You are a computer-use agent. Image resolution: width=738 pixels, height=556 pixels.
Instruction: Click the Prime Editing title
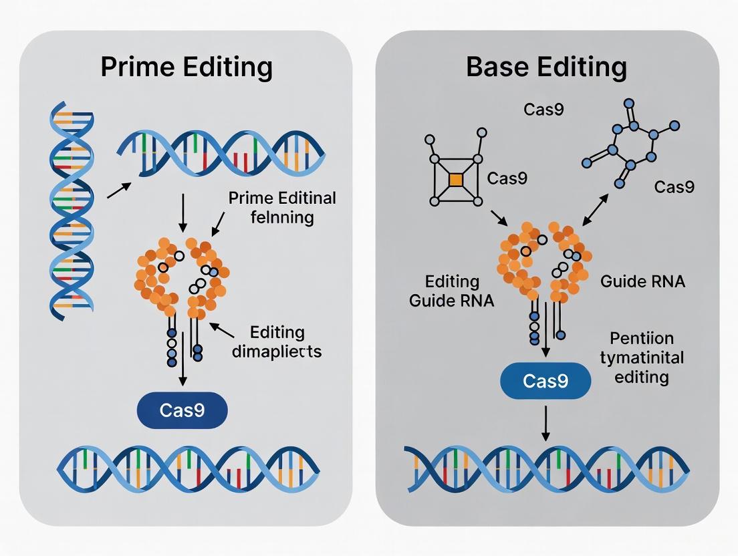pyautogui.click(x=187, y=68)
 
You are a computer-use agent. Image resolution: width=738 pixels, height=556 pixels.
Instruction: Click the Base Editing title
pyautogui.click(x=546, y=68)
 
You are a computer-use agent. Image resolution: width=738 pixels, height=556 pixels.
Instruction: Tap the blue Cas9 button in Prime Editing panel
pyautogui.click(x=182, y=410)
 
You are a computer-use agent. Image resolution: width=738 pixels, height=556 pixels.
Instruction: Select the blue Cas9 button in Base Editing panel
pyautogui.click(x=545, y=382)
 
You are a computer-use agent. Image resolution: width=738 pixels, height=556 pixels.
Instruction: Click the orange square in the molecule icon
pyautogui.click(x=455, y=180)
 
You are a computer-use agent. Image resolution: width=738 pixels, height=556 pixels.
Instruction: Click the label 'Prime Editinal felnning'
pyautogui.click(x=282, y=208)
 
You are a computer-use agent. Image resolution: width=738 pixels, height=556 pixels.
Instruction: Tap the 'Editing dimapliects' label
pyautogui.click(x=276, y=341)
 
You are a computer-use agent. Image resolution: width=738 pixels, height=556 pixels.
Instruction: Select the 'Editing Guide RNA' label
pyautogui.click(x=451, y=291)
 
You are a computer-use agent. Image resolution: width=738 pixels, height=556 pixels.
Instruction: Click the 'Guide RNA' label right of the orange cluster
pyautogui.click(x=642, y=281)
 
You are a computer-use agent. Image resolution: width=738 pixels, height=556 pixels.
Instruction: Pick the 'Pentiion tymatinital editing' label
pyautogui.click(x=642, y=358)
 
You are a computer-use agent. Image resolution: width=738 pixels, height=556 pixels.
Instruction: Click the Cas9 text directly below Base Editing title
pyautogui.click(x=543, y=109)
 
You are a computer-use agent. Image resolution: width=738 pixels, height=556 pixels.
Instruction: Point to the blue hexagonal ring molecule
pyautogui.click(x=631, y=142)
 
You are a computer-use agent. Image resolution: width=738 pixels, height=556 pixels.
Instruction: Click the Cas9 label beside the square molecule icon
pyautogui.click(x=507, y=178)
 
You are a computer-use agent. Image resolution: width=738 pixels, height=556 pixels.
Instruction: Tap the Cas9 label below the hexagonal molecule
pyautogui.click(x=674, y=186)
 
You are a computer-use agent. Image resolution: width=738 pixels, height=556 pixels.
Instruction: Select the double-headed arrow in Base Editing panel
pyautogui.click(x=596, y=208)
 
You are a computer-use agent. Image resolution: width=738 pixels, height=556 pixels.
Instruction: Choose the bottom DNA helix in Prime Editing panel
pyautogui.click(x=188, y=465)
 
